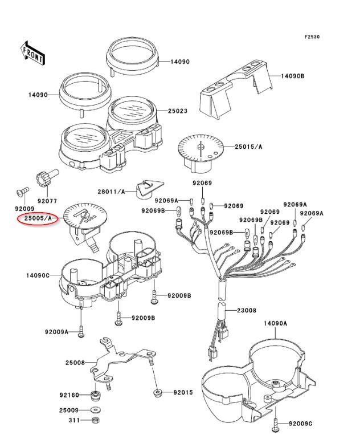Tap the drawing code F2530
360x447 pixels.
coord(312,37)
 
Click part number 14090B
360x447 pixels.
coord(293,76)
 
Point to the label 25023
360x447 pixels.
coord(178,111)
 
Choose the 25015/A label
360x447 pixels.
coord(249,147)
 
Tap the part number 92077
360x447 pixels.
coord(47,201)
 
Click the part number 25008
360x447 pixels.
coord(75,363)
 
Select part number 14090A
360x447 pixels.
coord(275,323)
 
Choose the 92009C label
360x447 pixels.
coord(300,424)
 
